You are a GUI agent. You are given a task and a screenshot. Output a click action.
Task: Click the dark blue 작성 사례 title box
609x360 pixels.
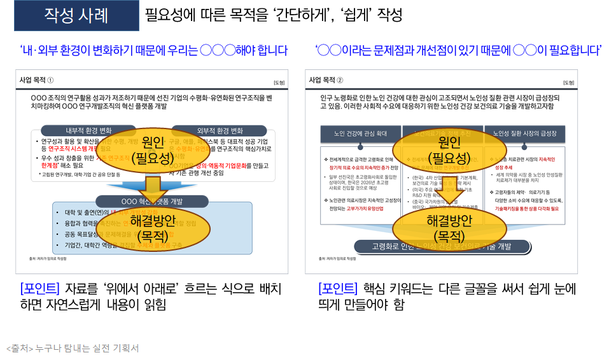[76, 16]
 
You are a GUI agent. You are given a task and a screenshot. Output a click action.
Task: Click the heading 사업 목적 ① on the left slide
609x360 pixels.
[39, 80]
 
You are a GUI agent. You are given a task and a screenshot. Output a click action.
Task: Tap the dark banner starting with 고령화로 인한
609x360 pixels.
[442, 247]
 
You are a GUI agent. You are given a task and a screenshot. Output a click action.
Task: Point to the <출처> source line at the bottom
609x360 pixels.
[73, 348]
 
